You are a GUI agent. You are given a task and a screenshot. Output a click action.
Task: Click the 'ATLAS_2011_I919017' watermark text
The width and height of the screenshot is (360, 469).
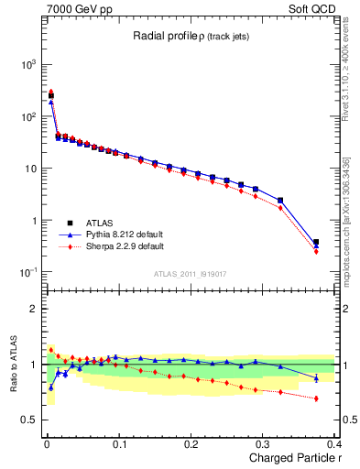[189, 273]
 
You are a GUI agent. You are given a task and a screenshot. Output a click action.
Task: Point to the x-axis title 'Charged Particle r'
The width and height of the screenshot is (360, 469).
[290, 457]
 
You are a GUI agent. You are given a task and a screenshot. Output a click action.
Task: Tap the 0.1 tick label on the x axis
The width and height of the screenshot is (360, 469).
[119, 443]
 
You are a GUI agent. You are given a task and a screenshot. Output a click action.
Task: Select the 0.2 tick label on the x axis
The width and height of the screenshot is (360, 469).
[191, 443]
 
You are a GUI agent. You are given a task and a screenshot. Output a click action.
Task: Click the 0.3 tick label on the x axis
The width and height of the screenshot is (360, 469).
[263, 443]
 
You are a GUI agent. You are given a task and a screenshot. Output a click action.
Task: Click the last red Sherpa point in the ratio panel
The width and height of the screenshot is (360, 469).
[316, 398]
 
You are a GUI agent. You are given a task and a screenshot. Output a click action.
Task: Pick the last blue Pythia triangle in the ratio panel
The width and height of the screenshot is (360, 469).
[316, 378]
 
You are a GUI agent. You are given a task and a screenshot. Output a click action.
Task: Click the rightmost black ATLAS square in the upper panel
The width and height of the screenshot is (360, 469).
[316, 242]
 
